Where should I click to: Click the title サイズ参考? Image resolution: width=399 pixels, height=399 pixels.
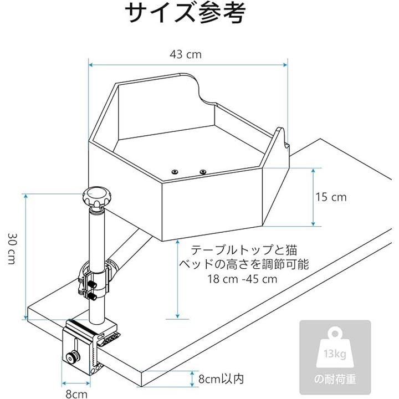point(185,13)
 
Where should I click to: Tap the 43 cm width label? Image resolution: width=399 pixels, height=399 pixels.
point(186,54)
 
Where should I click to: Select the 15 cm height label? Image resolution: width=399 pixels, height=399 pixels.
point(331,197)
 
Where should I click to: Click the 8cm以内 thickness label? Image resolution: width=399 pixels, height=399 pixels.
point(221,379)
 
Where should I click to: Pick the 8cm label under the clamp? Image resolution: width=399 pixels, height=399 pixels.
point(76,394)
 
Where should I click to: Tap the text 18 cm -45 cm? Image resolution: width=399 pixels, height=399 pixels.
point(242,279)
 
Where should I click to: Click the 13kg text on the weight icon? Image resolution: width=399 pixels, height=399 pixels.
point(335,354)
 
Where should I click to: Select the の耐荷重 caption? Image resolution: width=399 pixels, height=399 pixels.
point(335,379)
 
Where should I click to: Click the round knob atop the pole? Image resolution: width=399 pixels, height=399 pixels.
point(97,196)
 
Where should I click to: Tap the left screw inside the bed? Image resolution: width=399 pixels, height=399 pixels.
point(175,172)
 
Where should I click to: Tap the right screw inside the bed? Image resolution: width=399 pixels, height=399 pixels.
point(203,172)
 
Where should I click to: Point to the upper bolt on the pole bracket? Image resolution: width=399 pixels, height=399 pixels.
point(91,284)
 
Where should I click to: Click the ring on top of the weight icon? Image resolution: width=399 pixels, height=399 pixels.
point(335,334)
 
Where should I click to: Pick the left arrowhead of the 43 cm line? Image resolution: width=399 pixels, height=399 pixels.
point(90,65)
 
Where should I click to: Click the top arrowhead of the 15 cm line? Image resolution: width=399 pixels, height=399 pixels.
point(313,171)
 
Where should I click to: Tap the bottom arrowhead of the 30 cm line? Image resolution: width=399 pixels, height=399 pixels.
point(25,318)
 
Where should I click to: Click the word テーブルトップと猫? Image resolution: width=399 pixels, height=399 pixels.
point(244,250)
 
